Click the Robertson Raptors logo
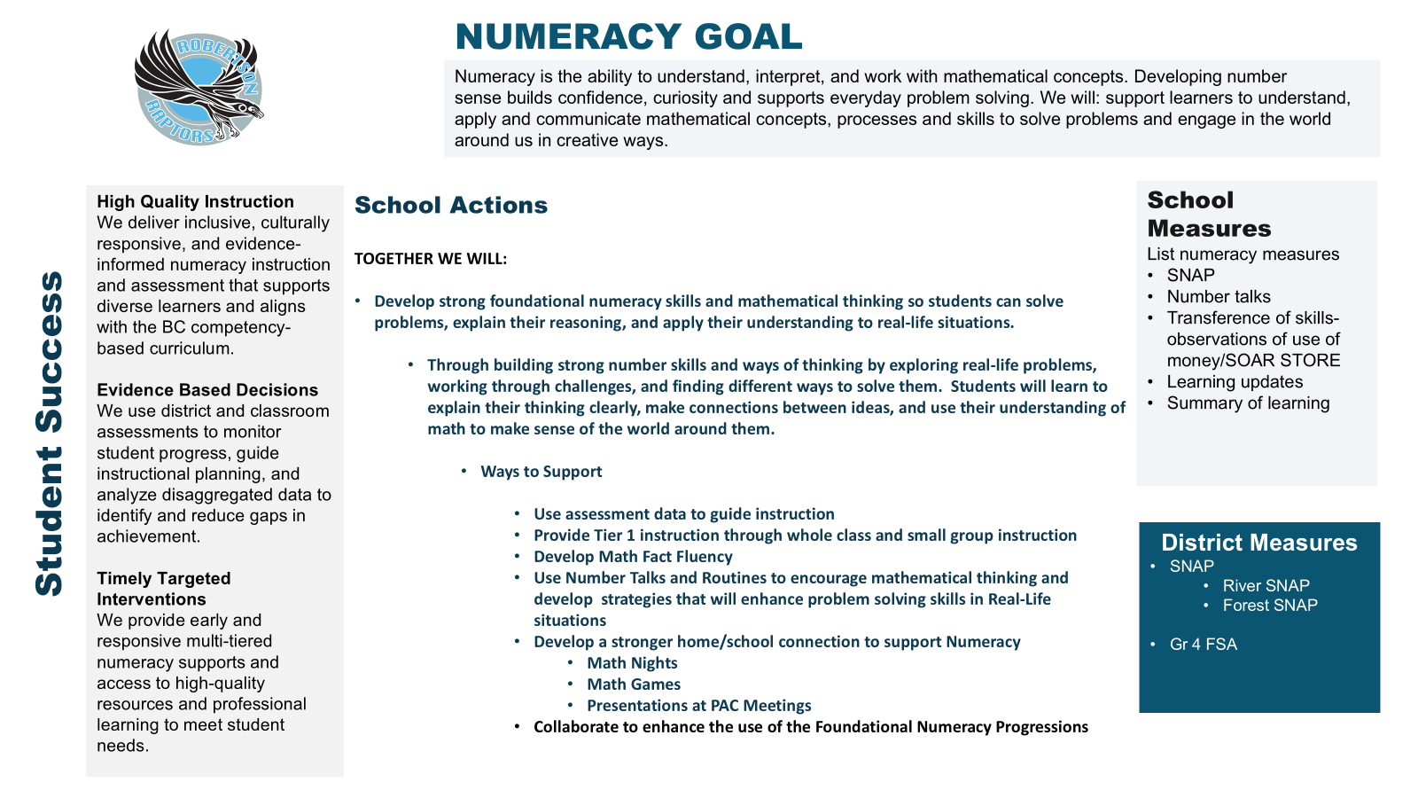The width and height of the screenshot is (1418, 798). click(x=199, y=87)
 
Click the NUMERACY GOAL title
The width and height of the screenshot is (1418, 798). click(x=628, y=37)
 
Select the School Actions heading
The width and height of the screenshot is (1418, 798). click(x=451, y=205)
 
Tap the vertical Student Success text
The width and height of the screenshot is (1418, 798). click(x=50, y=433)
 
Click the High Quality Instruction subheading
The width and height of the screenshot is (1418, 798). click(x=195, y=202)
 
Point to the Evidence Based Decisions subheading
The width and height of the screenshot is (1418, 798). click(x=207, y=390)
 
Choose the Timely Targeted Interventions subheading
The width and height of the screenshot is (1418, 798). click(x=164, y=589)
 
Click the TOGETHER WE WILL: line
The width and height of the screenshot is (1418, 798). click(x=431, y=259)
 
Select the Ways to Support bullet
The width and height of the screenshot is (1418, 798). click(x=541, y=472)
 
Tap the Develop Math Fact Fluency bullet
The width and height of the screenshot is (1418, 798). click(x=633, y=557)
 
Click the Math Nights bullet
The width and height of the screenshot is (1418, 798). click(x=632, y=663)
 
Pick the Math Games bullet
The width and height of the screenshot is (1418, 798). click(x=634, y=685)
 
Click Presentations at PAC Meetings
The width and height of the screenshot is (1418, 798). click(x=698, y=706)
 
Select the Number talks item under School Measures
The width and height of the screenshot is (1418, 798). click(x=1219, y=297)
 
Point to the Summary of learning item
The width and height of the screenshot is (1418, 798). click(x=1248, y=403)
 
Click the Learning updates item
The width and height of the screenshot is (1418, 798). click(x=1235, y=382)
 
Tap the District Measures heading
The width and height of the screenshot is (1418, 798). click(x=1258, y=543)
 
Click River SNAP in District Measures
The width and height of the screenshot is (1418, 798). click(x=1266, y=586)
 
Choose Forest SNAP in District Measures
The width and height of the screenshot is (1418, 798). click(x=1270, y=606)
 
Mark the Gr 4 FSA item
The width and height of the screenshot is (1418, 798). click(x=1203, y=645)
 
